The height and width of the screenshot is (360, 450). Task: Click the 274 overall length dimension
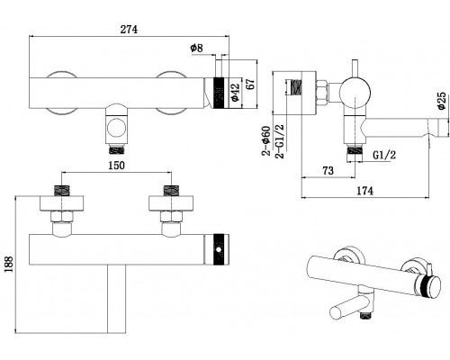pos(129,30)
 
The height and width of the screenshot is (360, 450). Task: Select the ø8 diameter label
pos(197,48)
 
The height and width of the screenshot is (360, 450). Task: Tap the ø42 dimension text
pos(235,93)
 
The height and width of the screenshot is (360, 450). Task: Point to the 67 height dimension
pos(250,84)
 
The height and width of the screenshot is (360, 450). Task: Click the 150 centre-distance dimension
pos(116,166)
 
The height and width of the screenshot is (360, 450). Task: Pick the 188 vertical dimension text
pos(8,264)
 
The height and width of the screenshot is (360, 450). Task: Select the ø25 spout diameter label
pos(442,101)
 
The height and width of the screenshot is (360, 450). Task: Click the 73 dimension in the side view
pos(328,170)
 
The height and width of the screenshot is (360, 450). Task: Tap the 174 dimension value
pos(364,191)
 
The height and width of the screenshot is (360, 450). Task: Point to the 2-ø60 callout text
pos(266,140)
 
